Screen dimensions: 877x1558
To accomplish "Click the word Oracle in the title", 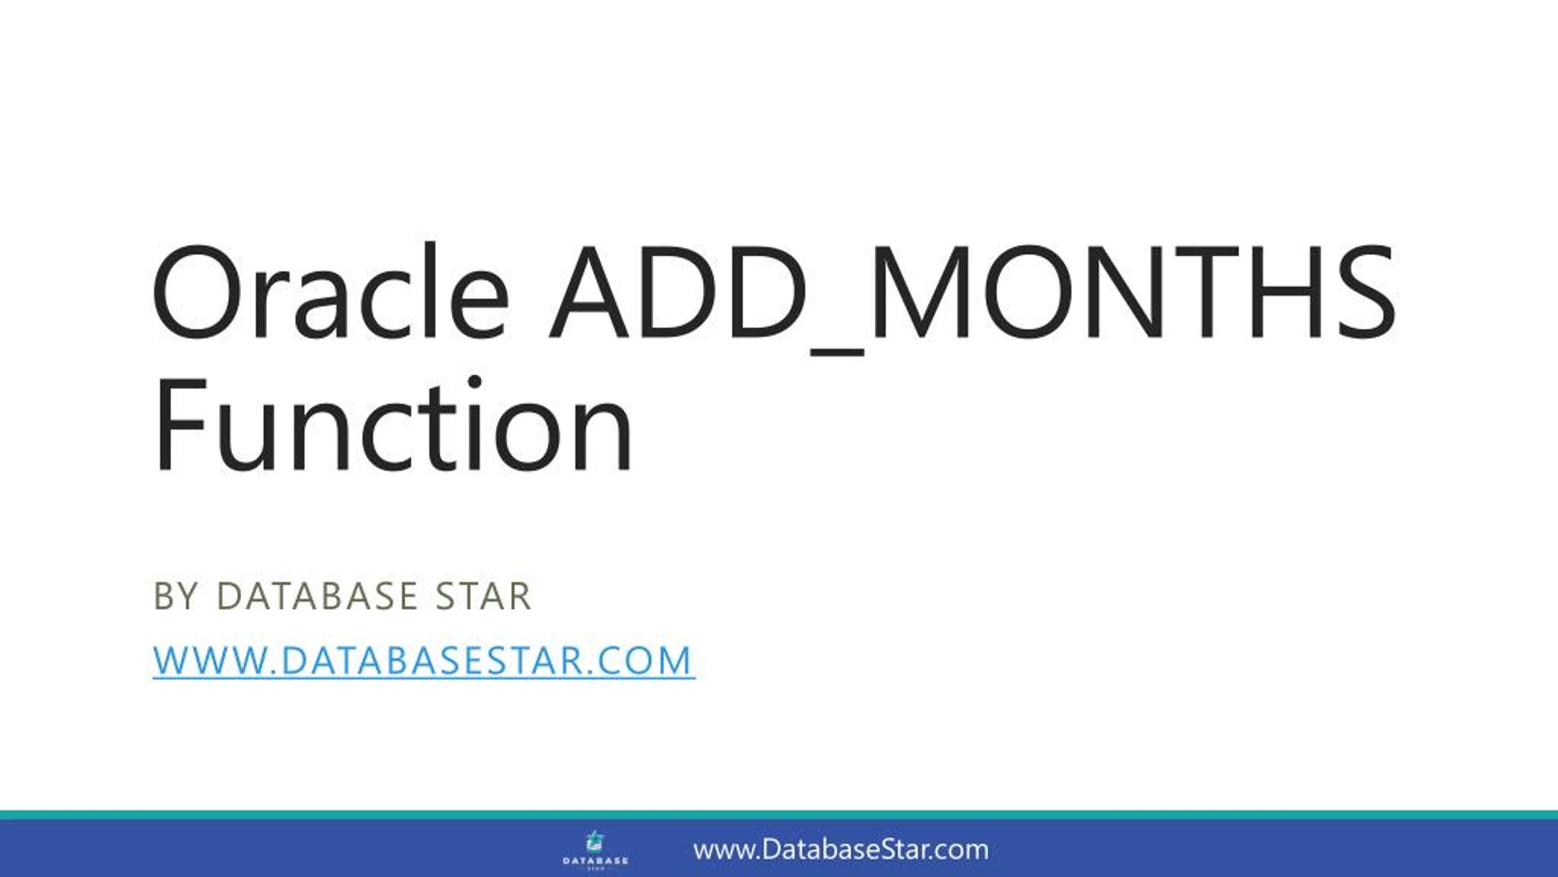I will (x=329, y=292).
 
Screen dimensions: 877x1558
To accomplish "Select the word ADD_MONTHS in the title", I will (x=972, y=292).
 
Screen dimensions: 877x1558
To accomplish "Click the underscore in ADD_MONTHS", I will (x=837, y=353).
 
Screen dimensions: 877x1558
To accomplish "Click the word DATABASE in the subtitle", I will (x=317, y=596).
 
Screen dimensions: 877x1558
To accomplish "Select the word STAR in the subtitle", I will (x=483, y=596).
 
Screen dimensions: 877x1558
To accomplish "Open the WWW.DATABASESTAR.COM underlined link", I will (x=424, y=660).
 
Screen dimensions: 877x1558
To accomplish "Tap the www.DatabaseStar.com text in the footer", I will (x=841, y=850).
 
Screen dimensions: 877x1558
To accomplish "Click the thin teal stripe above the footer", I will (x=779, y=815).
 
